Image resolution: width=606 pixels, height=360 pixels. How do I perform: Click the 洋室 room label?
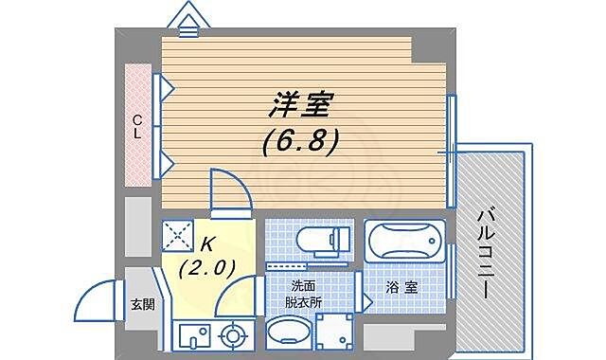point(302,102)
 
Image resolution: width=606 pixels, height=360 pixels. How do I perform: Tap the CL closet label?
point(137,126)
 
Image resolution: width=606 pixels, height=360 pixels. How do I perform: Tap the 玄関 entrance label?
point(142,305)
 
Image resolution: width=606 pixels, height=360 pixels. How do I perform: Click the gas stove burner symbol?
point(232,334)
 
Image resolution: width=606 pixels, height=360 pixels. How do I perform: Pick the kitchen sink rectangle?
point(193,334)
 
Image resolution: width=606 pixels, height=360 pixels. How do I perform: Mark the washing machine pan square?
point(333,333)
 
